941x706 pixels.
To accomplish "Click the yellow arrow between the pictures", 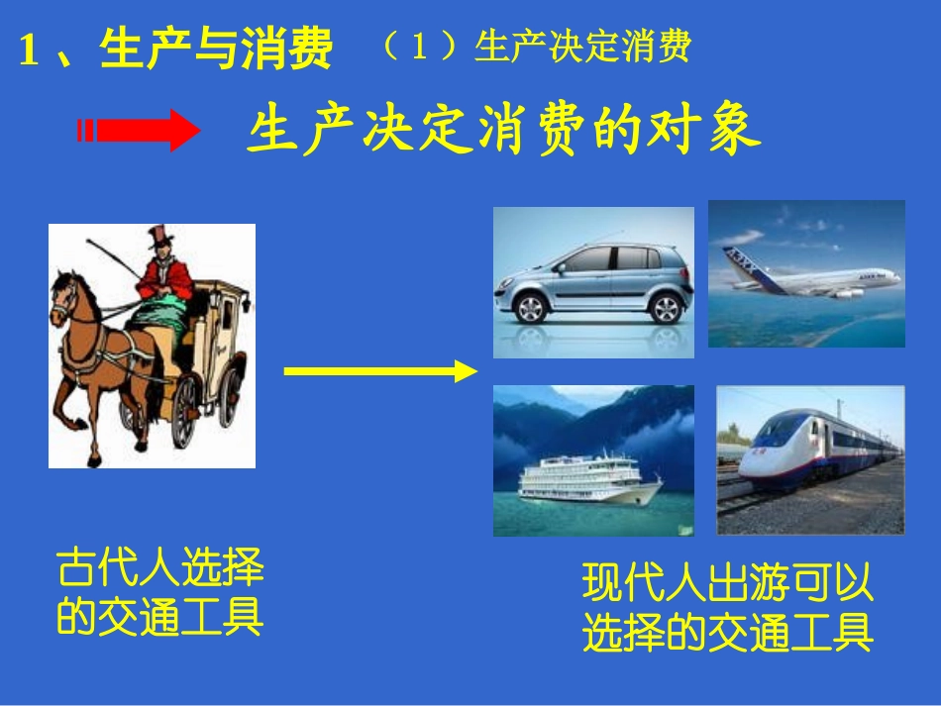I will pos(380,371).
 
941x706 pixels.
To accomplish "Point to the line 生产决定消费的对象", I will pos(503,132).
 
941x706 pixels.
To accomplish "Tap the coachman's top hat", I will pos(159,238).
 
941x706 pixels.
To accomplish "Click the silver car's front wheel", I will pos(532,308).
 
